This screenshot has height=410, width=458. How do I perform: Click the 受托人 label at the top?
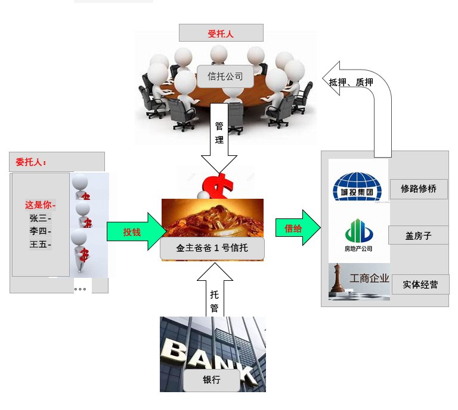(x=221, y=33)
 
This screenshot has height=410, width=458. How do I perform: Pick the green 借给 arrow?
(x=297, y=227)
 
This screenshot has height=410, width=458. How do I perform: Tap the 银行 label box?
(x=212, y=380)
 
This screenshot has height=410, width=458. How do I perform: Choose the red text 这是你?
(x=39, y=205)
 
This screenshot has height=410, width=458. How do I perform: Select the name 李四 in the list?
(x=39, y=231)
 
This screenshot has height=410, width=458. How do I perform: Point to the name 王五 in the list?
(x=39, y=244)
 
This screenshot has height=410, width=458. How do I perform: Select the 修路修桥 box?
(x=418, y=189)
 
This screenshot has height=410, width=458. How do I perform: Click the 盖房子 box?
(x=418, y=236)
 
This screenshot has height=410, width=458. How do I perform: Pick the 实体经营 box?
(x=420, y=285)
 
